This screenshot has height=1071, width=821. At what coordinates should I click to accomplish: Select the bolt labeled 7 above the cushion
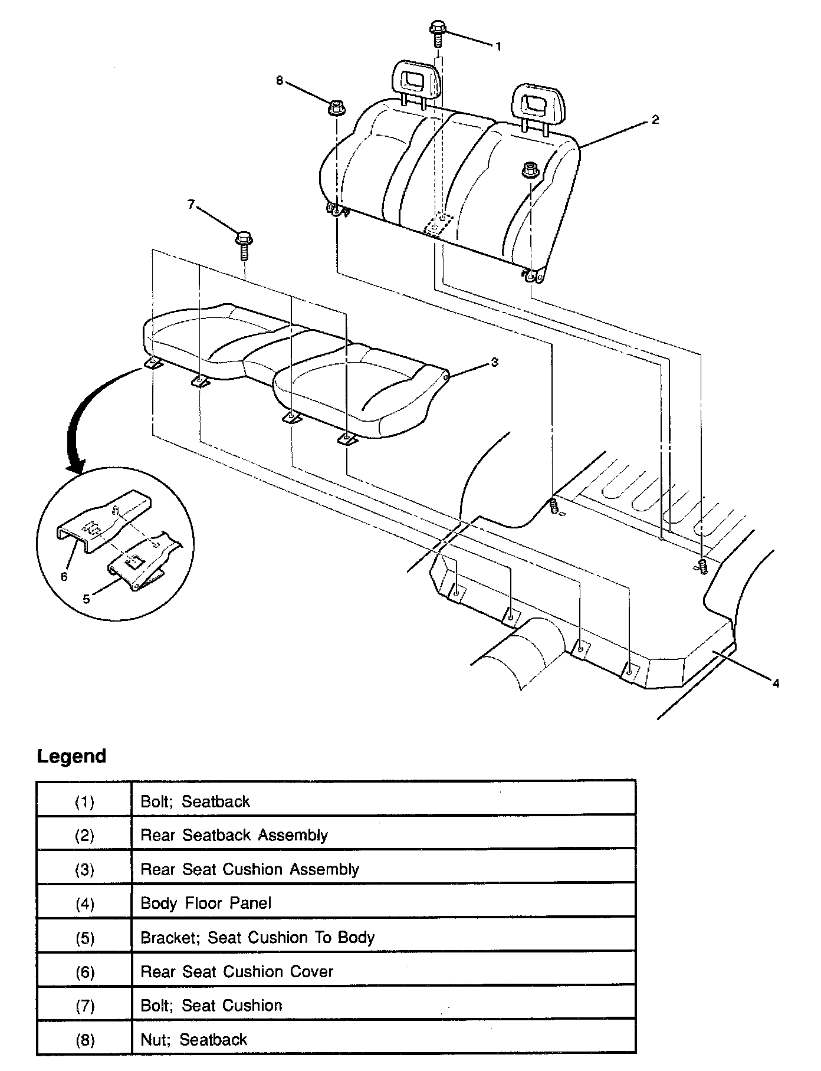pos(244,243)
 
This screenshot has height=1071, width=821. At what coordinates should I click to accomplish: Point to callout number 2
pos(655,120)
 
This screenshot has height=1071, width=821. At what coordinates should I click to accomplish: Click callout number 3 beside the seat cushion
pos(494,362)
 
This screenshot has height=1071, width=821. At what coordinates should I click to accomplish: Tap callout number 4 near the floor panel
pos(776,683)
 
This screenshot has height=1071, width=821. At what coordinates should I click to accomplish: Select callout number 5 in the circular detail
pos(86,599)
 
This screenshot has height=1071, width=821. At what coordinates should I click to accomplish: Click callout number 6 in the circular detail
pos(64,576)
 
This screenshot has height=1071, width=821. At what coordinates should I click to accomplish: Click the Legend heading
pos(71,756)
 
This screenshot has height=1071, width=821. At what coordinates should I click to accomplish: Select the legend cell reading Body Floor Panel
pos(206,903)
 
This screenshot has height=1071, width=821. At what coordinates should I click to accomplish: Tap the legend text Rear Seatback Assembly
pos(234,835)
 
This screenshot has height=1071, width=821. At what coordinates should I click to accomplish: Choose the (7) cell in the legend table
pos(84,1006)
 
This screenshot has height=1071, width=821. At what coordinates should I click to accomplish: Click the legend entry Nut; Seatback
pos(193,1039)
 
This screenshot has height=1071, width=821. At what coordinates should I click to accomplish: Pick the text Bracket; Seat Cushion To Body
pos(257,937)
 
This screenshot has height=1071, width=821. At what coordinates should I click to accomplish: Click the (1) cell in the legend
pos(84,801)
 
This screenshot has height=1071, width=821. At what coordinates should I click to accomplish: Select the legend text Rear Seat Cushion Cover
pos(237,971)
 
